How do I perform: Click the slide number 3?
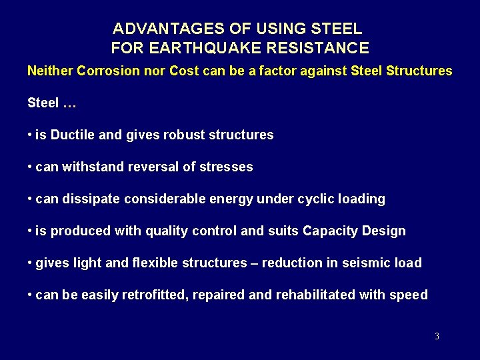(437, 337)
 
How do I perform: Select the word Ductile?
(73, 135)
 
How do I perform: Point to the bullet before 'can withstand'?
(30, 167)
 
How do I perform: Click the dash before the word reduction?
(254, 263)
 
